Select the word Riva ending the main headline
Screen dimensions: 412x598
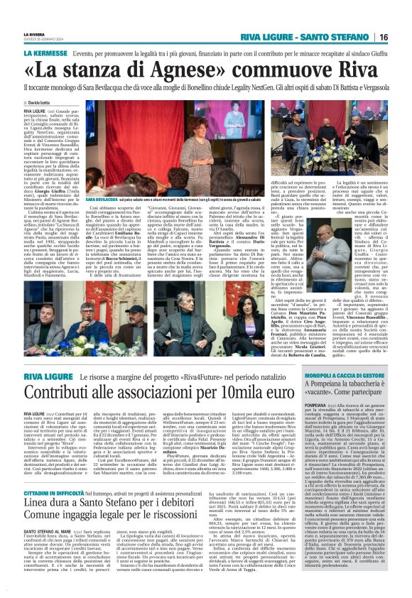(x=359, y=72)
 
